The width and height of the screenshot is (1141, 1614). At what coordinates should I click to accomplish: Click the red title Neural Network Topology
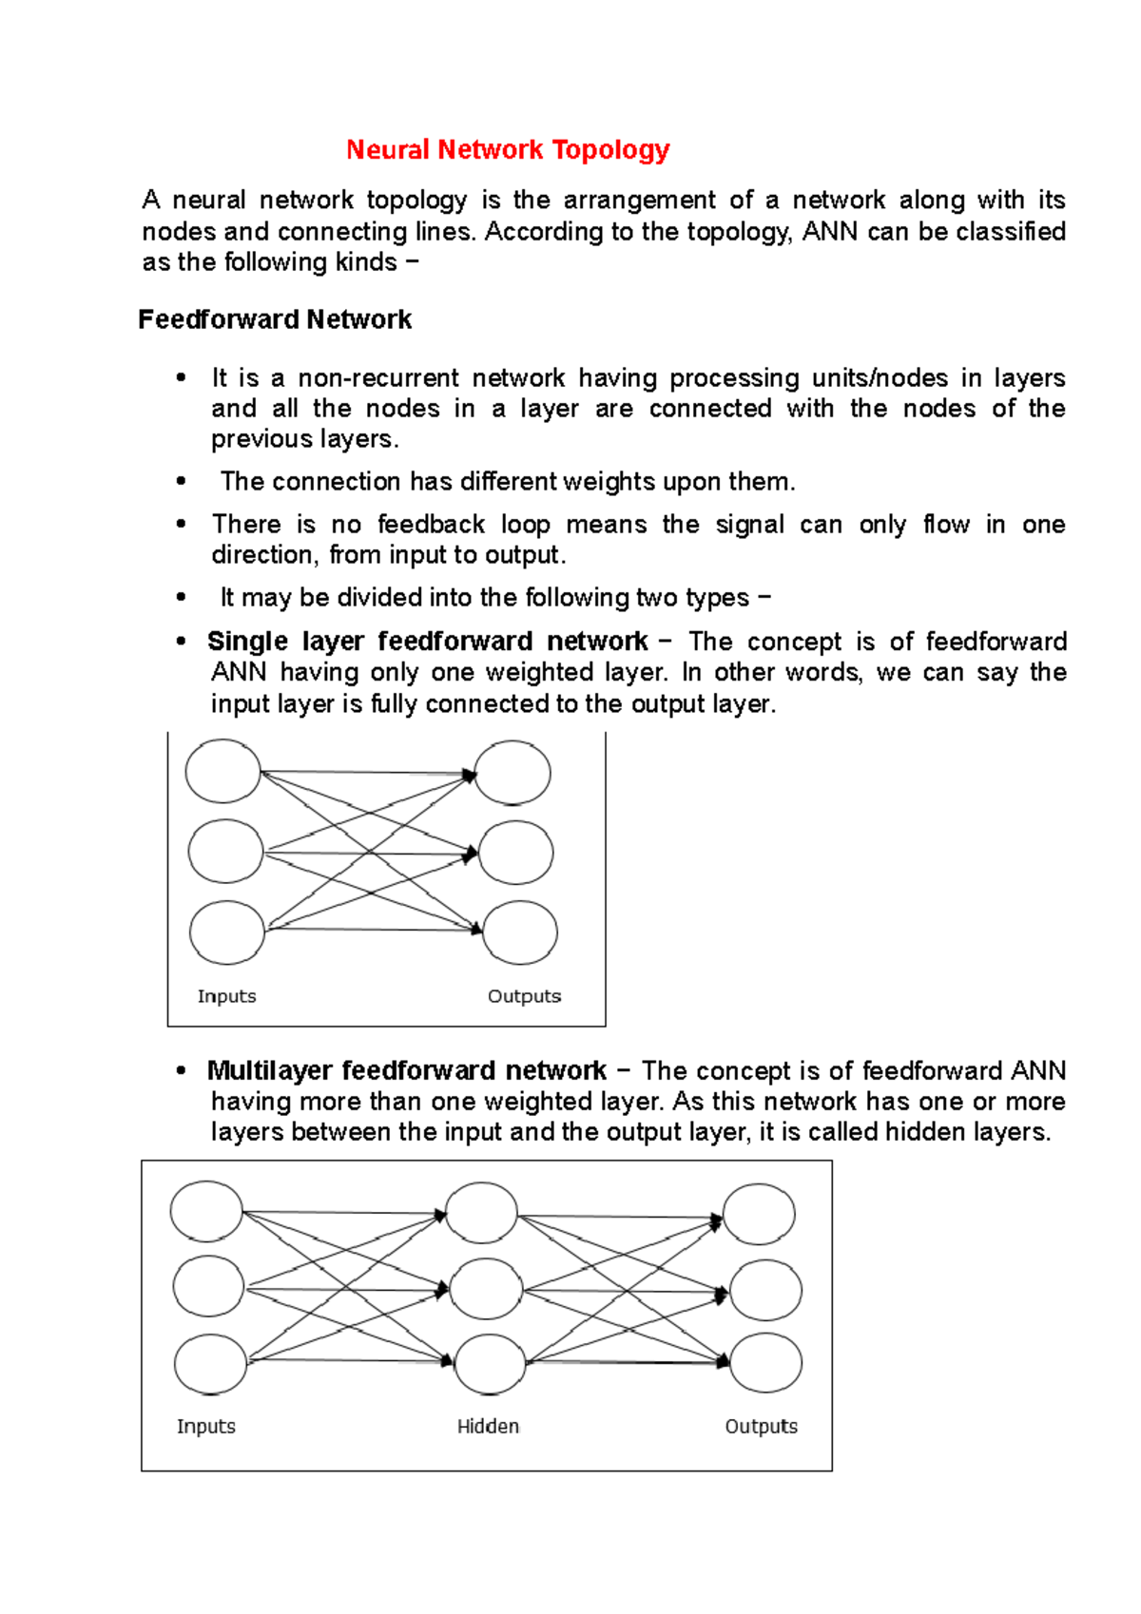coord(508,150)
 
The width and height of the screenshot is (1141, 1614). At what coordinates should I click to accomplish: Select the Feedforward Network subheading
coord(275,319)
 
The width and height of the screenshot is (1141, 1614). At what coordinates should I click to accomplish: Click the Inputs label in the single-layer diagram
coord(226,996)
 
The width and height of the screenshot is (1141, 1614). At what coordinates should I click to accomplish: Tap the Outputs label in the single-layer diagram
coord(524,996)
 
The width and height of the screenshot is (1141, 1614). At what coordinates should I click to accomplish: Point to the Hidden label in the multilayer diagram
coord(488,1426)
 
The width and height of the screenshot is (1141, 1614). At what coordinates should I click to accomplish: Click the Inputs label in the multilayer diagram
coord(205,1426)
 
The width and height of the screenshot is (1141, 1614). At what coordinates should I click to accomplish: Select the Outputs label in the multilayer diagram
coord(761,1426)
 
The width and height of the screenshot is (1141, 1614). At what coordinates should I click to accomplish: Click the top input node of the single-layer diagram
coord(223,771)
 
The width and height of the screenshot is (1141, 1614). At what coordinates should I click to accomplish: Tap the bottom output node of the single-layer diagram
coord(519,933)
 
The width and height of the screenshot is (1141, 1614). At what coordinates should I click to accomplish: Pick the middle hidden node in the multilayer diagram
coord(486,1290)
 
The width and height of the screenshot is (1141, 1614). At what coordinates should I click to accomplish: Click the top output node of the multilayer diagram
coord(759,1214)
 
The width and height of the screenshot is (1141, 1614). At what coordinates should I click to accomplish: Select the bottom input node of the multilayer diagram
coord(210,1364)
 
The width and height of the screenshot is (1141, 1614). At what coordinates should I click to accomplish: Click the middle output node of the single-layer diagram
coord(515,853)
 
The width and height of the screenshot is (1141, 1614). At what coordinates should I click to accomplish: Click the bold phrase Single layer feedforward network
coord(427,642)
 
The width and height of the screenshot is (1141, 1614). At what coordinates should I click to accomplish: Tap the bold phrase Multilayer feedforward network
coord(406,1071)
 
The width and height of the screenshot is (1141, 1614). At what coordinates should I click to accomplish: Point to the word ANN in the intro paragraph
coord(829,232)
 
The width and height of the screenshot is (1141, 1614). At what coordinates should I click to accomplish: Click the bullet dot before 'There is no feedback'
coord(181,525)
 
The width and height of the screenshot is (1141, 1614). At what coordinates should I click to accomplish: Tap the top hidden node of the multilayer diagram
coord(481,1213)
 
